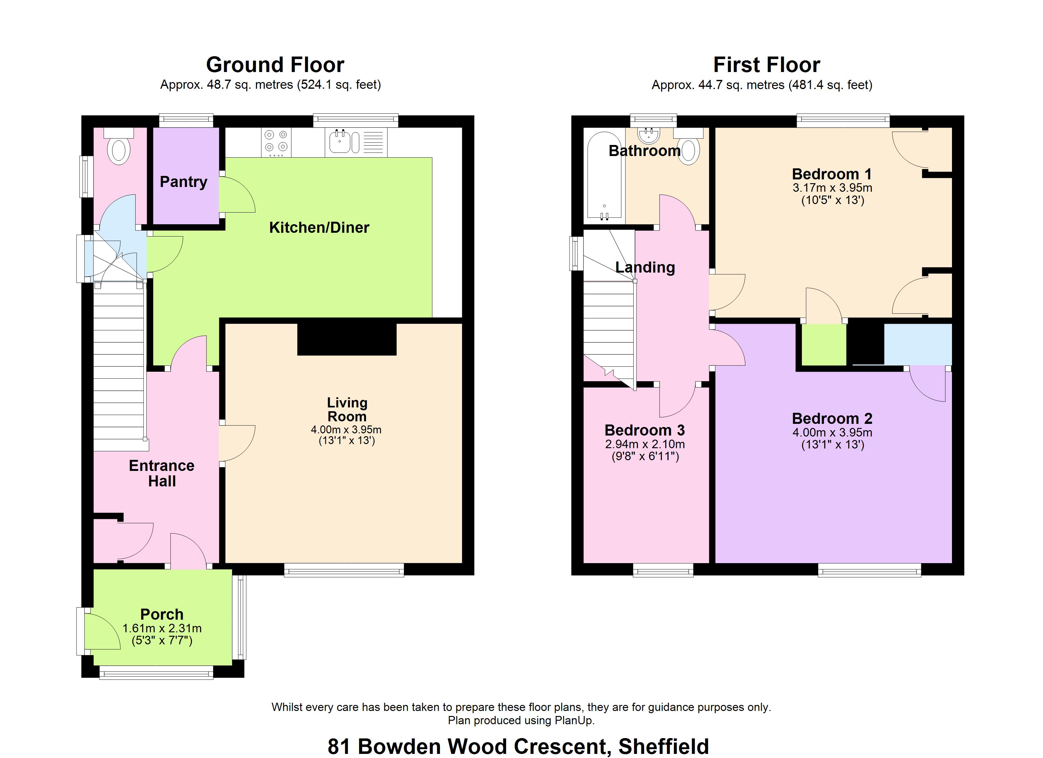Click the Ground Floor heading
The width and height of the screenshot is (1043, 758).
275,65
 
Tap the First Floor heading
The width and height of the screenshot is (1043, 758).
767,65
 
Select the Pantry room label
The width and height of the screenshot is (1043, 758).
184,182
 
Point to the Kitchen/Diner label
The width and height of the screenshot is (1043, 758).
319,227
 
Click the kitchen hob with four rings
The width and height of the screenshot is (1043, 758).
276,141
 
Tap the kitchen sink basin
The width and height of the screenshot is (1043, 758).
340,141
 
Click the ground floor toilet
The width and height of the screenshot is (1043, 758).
119,146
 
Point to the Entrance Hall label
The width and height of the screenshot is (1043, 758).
162,473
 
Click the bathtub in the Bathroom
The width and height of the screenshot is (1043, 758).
604,176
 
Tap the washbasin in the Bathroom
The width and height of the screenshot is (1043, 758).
649,134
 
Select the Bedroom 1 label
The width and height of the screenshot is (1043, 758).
832,174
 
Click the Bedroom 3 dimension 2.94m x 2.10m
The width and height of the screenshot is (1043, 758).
645,444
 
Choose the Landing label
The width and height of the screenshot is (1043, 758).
645,268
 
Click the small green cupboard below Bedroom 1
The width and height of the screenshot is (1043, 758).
824,345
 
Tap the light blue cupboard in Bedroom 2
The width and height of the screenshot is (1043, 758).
918,344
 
